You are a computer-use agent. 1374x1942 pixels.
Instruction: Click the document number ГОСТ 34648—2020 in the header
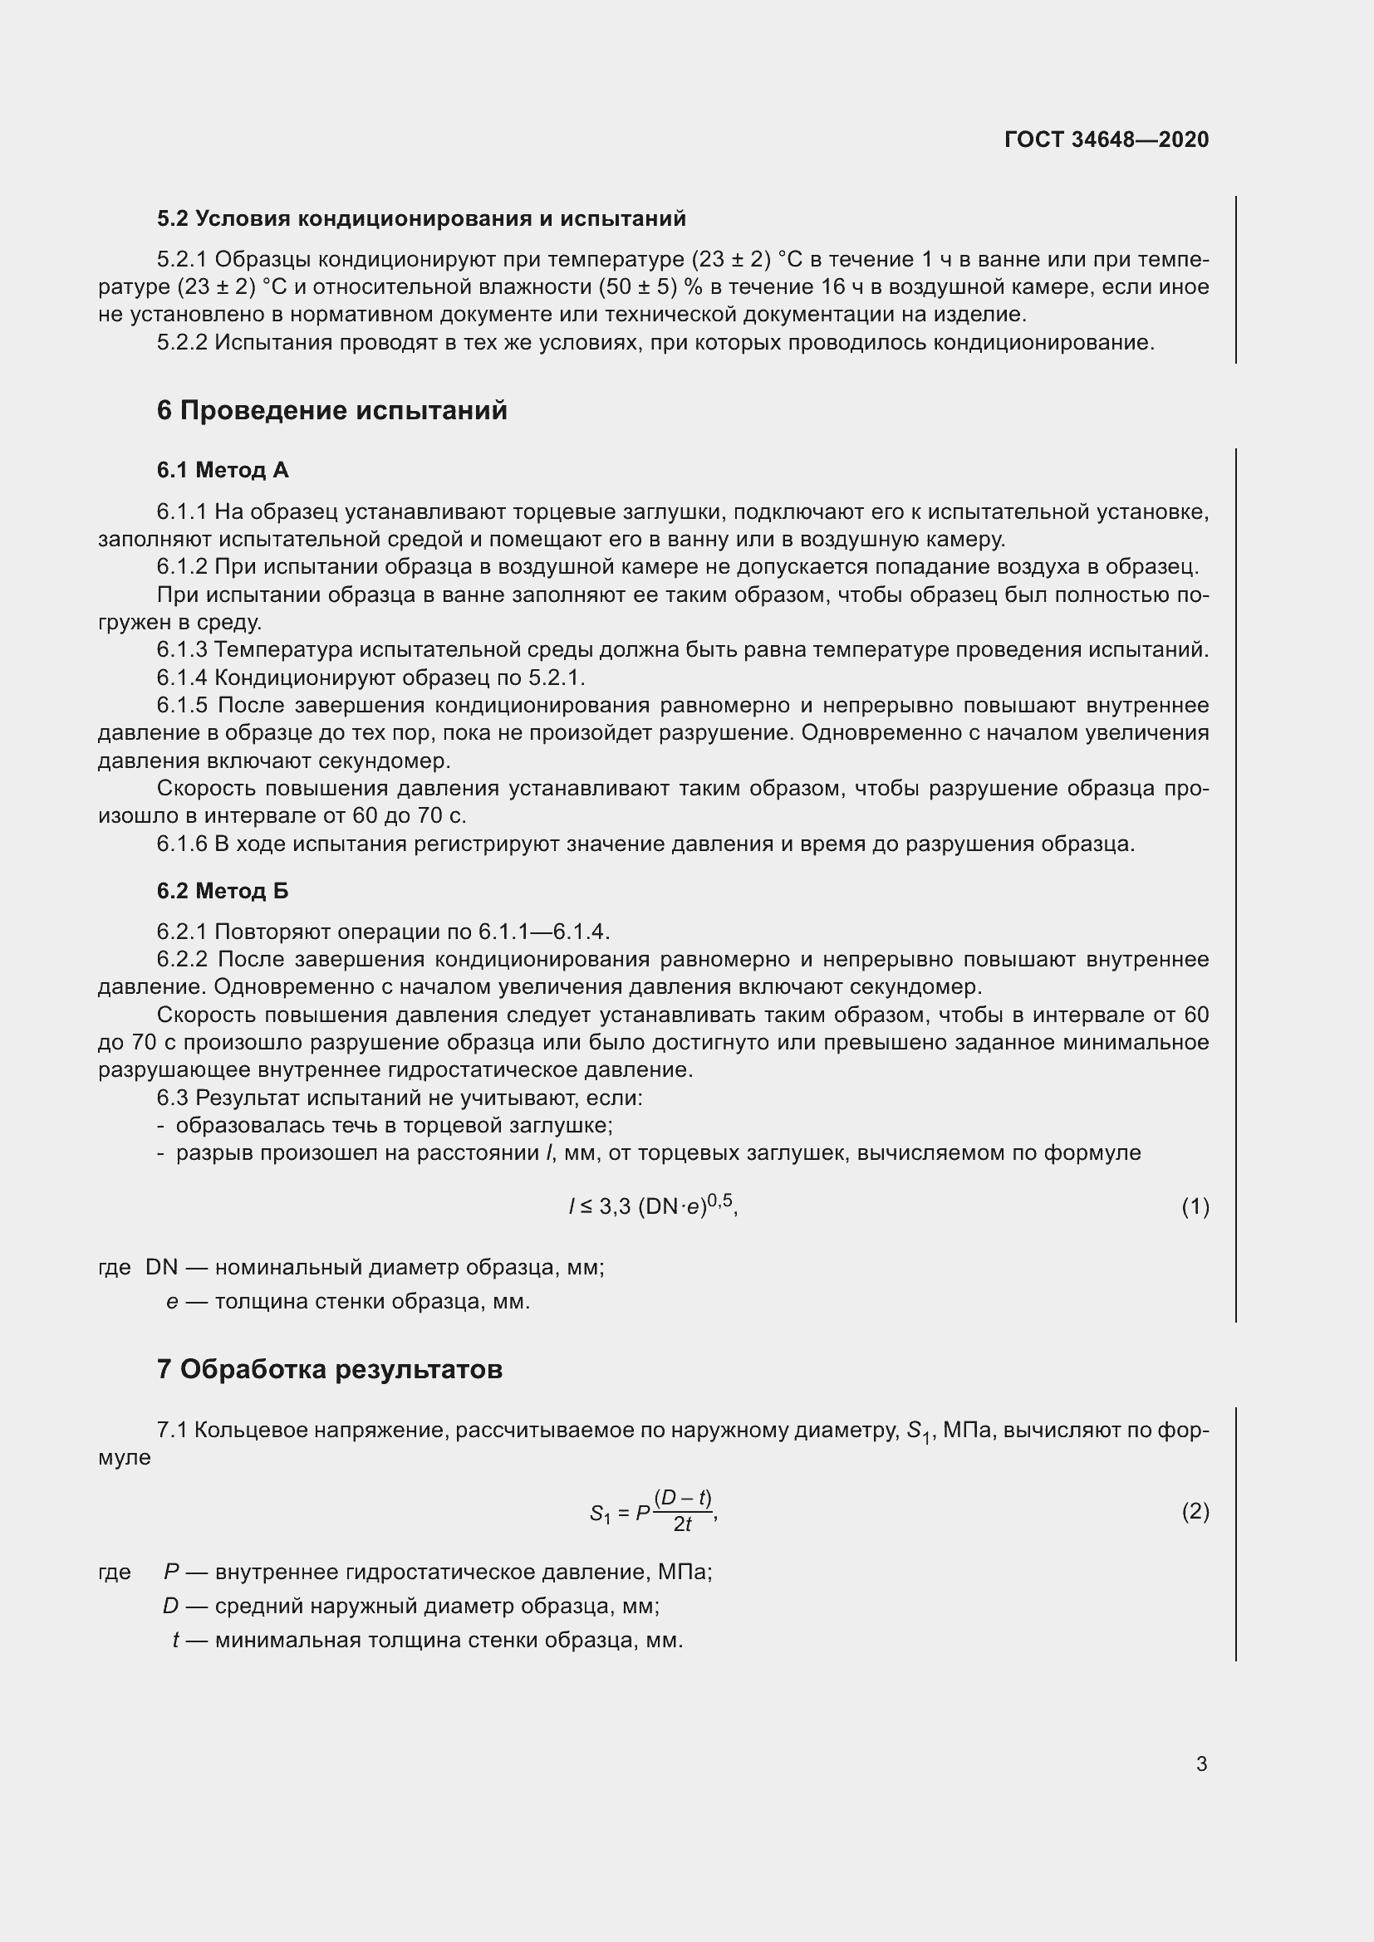point(1106,139)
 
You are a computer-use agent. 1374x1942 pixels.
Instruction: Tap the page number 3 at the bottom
point(1201,1763)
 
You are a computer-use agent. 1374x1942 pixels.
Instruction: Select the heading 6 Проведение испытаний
point(331,410)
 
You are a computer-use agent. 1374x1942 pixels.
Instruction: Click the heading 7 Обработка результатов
point(329,1368)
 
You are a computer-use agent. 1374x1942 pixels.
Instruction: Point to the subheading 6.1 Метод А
point(223,470)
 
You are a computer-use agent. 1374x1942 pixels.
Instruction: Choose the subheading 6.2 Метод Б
point(223,891)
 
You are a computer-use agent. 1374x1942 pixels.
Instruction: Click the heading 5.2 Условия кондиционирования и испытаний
point(420,219)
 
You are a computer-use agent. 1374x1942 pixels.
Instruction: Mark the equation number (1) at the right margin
point(1195,1207)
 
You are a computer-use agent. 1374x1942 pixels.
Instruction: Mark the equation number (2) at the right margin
point(1195,1511)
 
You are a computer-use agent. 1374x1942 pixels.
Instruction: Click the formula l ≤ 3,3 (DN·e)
point(652,1206)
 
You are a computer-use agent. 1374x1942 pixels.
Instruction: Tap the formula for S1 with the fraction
point(653,1511)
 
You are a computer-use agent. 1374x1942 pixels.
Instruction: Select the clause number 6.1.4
point(182,678)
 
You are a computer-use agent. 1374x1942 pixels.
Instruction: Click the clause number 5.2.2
point(182,344)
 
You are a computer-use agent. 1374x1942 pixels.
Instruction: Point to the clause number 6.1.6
point(182,844)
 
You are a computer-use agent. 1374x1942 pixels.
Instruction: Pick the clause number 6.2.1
point(182,932)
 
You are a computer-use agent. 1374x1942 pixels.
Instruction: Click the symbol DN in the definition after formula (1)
point(162,1268)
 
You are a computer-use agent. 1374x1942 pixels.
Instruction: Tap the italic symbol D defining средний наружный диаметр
point(171,1607)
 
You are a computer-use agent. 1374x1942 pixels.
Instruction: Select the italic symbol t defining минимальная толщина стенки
point(175,1641)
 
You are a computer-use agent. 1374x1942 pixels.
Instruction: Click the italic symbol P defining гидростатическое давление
point(172,1573)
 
